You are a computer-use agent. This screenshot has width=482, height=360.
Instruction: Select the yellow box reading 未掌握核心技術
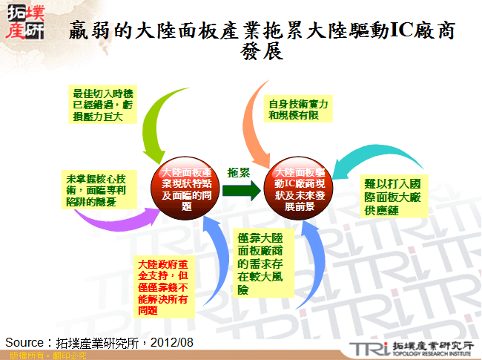point(95,190)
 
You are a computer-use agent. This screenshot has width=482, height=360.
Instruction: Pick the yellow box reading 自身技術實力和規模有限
point(299,110)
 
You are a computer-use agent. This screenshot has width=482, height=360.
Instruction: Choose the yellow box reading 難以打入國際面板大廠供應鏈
point(394,196)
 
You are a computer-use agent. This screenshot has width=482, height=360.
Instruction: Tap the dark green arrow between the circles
point(243,190)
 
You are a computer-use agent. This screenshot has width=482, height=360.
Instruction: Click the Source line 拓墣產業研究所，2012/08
point(99,342)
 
